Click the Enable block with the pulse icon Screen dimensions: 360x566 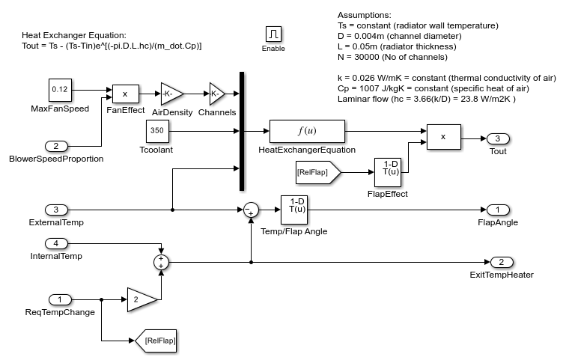point(273,34)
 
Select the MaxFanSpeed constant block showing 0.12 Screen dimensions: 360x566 point(59,90)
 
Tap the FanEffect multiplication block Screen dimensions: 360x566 point(125,94)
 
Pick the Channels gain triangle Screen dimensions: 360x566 point(216,94)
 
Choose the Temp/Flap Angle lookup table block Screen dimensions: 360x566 point(296,210)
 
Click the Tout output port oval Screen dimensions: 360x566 point(497,138)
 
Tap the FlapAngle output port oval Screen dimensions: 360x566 point(497,209)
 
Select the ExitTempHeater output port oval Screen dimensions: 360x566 point(502,262)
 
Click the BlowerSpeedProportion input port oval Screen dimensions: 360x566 point(57,145)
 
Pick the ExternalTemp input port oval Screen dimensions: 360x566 point(57,209)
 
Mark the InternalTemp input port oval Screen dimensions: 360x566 point(57,243)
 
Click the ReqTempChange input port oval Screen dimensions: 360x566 point(57,299)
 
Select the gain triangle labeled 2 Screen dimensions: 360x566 point(140,299)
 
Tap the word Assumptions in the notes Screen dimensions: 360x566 point(365,15)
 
